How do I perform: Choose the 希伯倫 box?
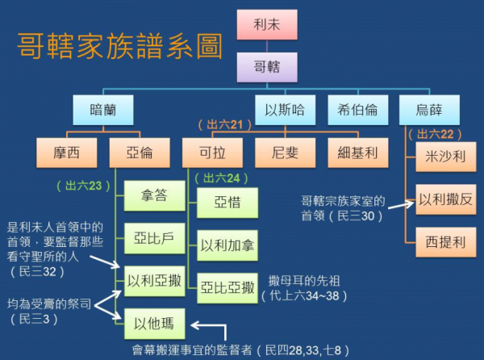click(x=359, y=110)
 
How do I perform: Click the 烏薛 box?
click(x=428, y=110)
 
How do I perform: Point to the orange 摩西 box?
click(x=66, y=152)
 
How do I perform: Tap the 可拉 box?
click(x=211, y=152)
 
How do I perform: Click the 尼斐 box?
click(x=285, y=152)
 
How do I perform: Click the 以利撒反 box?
click(x=444, y=199)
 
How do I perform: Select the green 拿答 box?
click(x=152, y=197)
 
